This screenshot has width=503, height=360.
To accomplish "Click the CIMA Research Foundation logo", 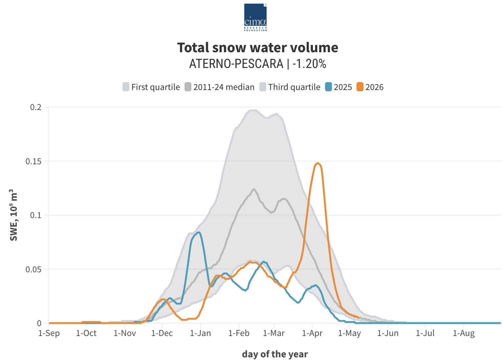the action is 255,17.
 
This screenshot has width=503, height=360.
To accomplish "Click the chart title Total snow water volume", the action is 257,48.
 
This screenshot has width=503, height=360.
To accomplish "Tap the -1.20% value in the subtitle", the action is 309,63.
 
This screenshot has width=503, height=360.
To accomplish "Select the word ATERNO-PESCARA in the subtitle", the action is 236,63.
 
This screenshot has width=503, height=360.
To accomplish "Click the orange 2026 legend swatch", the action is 360,87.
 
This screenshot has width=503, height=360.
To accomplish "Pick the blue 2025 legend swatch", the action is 328,87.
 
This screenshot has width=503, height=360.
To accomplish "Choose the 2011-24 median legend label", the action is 224,87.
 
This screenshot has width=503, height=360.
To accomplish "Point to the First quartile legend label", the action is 156,87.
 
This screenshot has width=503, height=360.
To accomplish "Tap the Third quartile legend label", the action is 294,87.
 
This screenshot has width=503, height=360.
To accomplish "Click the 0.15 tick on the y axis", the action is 33,161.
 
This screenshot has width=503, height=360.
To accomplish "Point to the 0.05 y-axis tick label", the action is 33,269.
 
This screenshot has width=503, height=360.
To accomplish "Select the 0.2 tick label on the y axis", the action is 36,107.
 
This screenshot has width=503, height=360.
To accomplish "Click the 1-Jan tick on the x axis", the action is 200,333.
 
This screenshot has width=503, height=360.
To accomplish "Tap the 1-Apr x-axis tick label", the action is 312,333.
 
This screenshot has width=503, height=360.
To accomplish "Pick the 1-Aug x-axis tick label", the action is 464,333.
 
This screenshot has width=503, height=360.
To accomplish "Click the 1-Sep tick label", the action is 49,333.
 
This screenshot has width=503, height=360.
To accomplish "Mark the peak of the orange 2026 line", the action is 318,163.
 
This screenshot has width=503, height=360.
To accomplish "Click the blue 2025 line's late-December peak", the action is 199,233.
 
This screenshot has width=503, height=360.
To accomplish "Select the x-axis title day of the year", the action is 275,354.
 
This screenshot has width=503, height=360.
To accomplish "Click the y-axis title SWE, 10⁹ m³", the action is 13,215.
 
